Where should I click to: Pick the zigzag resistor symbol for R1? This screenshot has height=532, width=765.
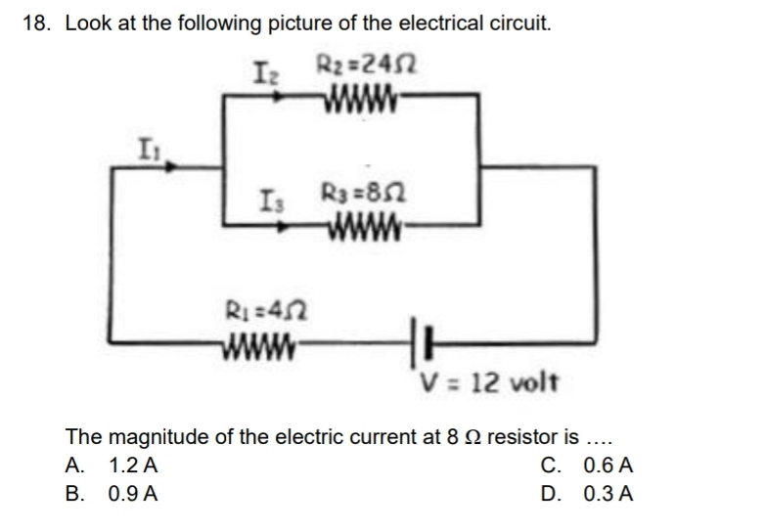click(x=255, y=343)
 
